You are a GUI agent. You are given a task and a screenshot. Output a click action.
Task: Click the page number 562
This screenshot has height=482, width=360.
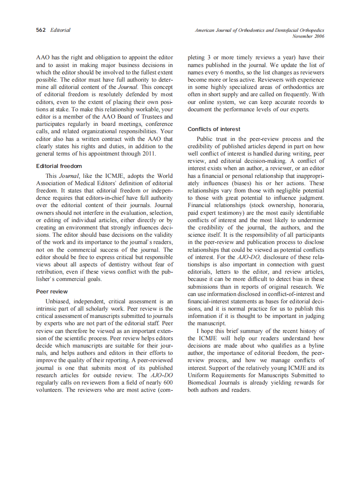[41, 30]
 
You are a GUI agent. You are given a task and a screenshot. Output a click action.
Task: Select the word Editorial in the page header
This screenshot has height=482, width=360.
[61, 30]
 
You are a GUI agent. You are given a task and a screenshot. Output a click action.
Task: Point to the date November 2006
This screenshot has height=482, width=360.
[308, 36]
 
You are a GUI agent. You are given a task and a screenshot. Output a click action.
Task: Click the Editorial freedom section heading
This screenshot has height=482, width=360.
[59, 166]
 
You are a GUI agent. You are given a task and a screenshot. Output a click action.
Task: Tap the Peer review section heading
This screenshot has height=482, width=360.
[52, 291]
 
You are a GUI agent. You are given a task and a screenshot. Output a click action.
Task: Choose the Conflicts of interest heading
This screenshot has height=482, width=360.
[214, 129]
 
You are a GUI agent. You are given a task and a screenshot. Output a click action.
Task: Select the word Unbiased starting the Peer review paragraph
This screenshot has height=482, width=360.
[59, 301]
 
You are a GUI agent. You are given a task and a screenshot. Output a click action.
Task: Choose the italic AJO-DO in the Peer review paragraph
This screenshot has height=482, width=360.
[164, 375]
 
